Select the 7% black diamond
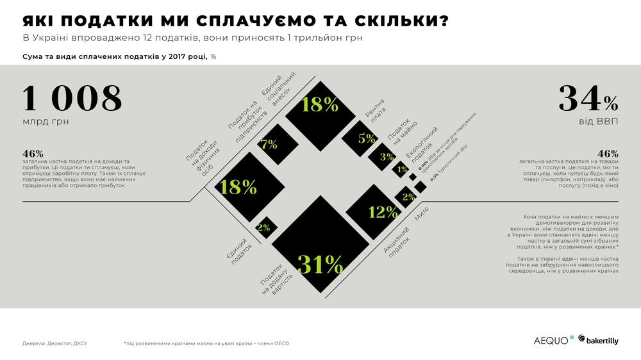pyautogui.click(x=269, y=145)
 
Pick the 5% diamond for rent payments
pyautogui.click(x=366, y=138)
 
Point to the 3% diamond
pyautogui.click(x=387, y=157)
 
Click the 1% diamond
pyautogui.click(x=402, y=170)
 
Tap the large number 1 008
pyautogui.click(x=72, y=99)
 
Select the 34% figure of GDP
pyautogui.click(x=588, y=99)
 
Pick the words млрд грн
pyautogui.click(x=46, y=122)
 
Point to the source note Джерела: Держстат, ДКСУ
pyautogui.click(x=54, y=343)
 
